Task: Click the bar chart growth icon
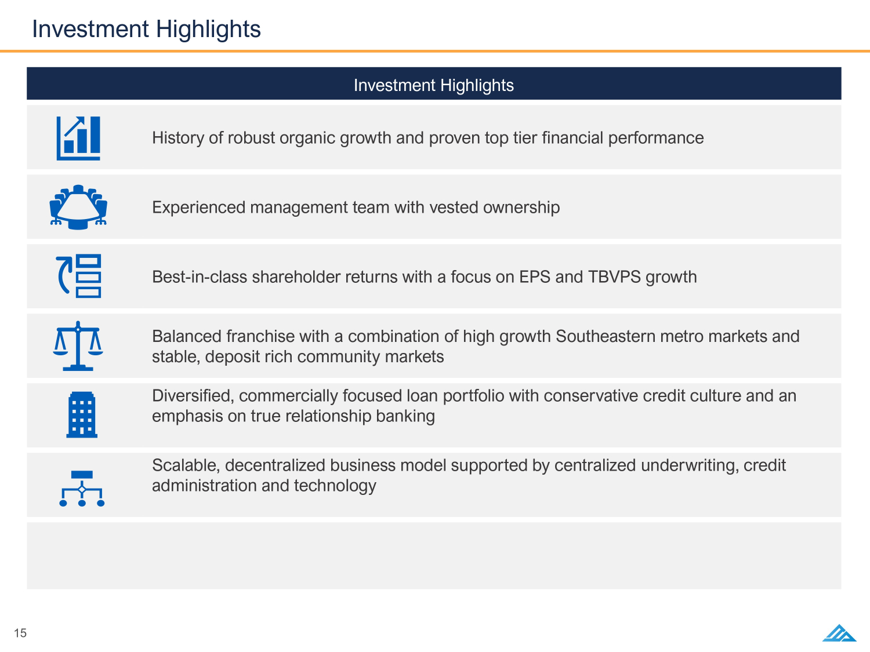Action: click(x=78, y=138)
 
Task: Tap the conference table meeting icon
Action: click(x=78, y=207)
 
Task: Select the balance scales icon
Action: click(x=78, y=346)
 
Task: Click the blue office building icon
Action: click(x=82, y=415)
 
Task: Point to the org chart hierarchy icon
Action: click(x=82, y=489)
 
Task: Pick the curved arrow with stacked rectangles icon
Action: click(x=78, y=276)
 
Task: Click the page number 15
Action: click(x=20, y=633)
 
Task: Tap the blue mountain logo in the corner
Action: click(x=839, y=633)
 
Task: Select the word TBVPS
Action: click(x=614, y=277)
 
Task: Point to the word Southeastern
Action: click(x=606, y=337)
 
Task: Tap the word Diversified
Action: click(x=193, y=396)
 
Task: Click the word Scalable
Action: click(x=186, y=465)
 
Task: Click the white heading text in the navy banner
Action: click(x=434, y=86)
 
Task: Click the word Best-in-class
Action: click(x=200, y=277)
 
